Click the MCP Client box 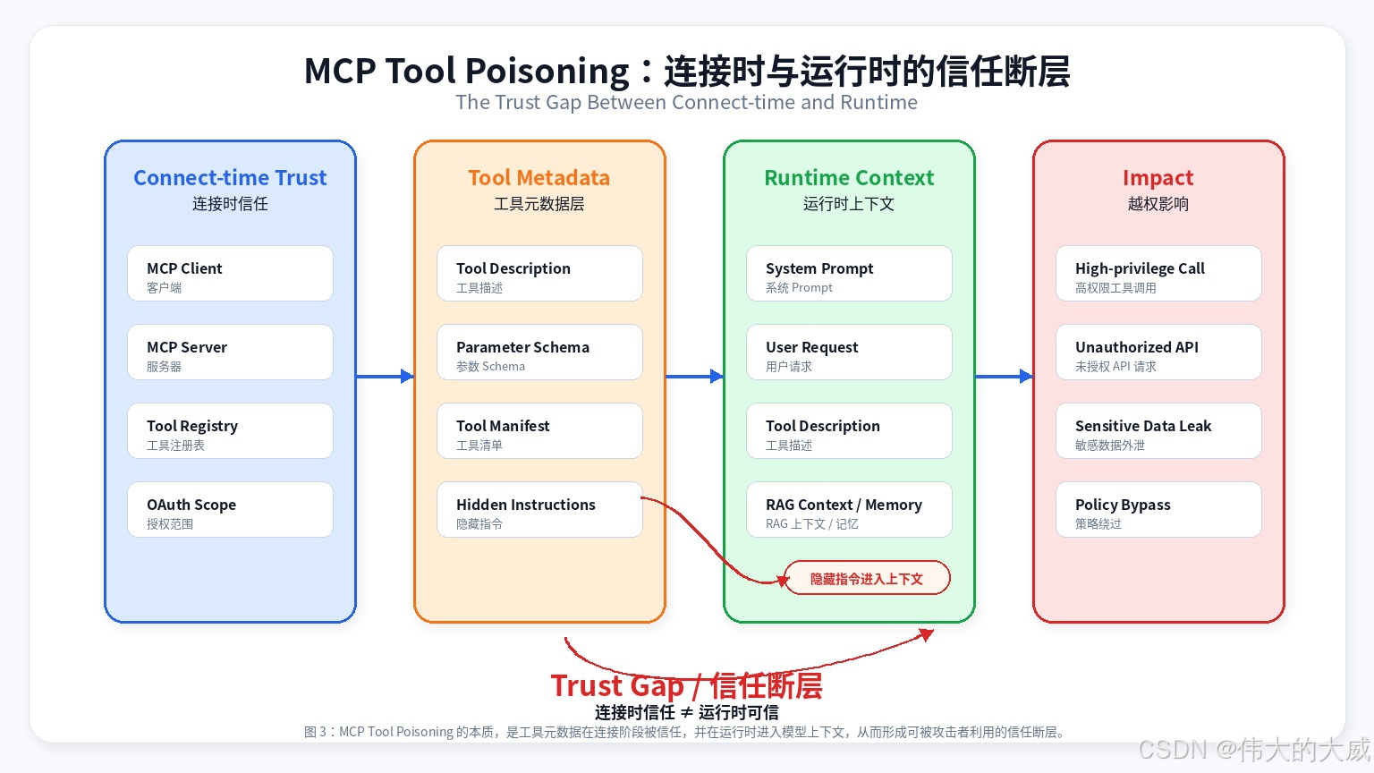(230, 274)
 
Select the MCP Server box (230, 353)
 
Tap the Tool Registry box (230, 430)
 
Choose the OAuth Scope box (230, 510)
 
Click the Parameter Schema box (539, 353)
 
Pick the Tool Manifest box (539, 430)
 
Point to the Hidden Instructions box (539, 510)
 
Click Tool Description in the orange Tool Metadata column (539, 274)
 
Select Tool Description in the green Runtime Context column (849, 430)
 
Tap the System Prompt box (849, 274)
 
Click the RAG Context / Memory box (849, 510)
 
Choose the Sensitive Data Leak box (1158, 430)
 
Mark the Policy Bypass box (1158, 510)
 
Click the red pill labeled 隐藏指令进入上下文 (867, 578)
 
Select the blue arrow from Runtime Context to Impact (1005, 376)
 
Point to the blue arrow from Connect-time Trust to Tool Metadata (386, 376)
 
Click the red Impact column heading (1158, 177)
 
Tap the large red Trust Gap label (686, 685)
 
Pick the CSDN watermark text (1254, 749)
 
